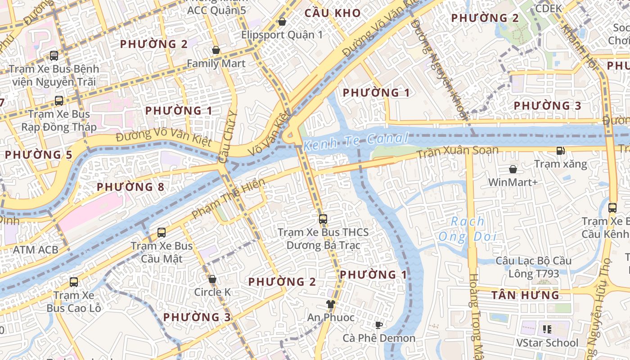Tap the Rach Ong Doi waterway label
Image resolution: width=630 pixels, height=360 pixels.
(x=468, y=229)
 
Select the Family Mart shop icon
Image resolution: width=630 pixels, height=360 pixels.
(x=216, y=50)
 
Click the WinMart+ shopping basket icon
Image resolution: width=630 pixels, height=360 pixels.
(x=513, y=169)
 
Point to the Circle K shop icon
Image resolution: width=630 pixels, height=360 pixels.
(x=212, y=279)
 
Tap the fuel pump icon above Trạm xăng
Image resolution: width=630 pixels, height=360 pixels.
(x=560, y=151)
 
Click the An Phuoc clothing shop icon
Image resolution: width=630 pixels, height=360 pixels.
(x=331, y=304)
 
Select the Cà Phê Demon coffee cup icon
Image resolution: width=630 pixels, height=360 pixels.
(x=379, y=325)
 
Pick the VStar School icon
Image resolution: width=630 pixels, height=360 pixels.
(x=547, y=329)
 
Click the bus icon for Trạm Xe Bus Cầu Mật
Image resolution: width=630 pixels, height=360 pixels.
(x=162, y=233)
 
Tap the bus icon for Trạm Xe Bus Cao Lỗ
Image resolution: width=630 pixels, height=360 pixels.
(x=74, y=282)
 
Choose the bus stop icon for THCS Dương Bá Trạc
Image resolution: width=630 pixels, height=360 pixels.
(x=323, y=219)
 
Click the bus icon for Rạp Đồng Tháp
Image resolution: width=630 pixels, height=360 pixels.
(x=59, y=101)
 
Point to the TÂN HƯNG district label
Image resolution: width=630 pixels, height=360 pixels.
(x=525, y=295)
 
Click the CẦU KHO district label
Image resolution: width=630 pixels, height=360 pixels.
(x=333, y=13)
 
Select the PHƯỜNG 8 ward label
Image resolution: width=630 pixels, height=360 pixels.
(x=130, y=186)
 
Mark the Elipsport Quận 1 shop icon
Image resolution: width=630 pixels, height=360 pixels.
(x=282, y=22)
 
